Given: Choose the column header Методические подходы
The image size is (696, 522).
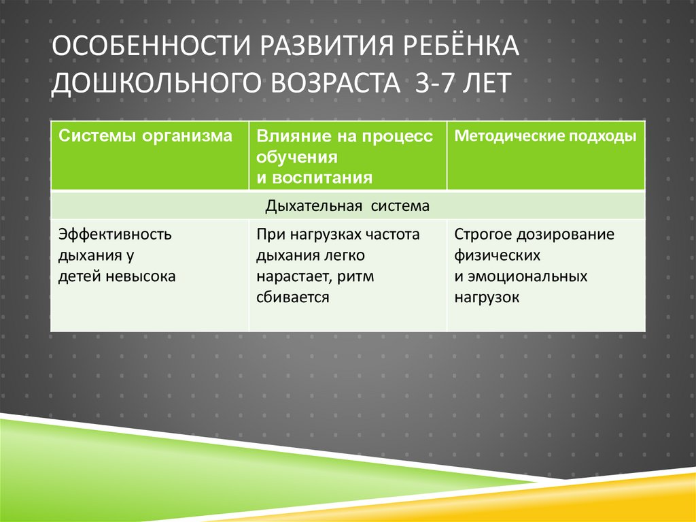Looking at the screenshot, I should pos(545,135).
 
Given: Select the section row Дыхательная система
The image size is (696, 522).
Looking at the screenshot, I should pos(348,206).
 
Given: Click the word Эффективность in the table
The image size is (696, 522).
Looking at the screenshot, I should pos(115,235).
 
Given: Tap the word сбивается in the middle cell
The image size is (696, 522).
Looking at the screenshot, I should pos(293,297).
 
